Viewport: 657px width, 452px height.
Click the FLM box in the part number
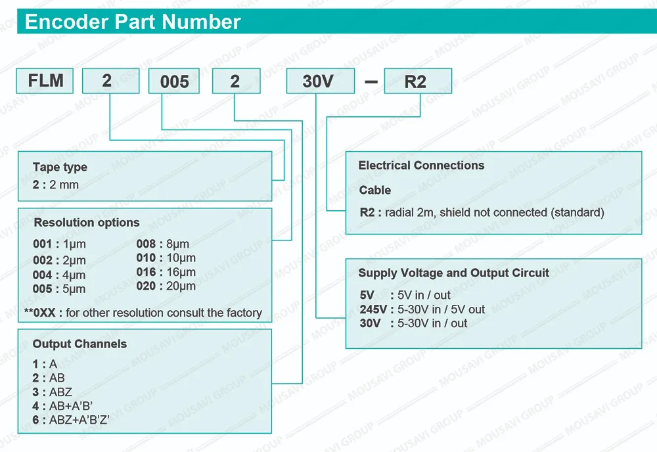pyautogui.click(x=45, y=81)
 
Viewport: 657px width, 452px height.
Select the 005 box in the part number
pyautogui.click(x=174, y=81)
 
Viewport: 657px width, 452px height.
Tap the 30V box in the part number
pyautogui.click(x=320, y=81)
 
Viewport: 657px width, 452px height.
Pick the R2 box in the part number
pyautogui.click(x=418, y=81)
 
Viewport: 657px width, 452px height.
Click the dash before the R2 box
pyautogui.click(x=371, y=81)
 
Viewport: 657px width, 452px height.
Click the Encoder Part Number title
pyautogui.click(x=133, y=22)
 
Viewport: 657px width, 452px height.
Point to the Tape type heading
pyautogui.click(x=60, y=167)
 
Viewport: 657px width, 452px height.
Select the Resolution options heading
pyautogui.click(x=87, y=223)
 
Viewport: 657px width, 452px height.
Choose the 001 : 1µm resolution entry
pyautogui.click(x=59, y=244)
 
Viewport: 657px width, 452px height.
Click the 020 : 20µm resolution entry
pyautogui.click(x=166, y=286)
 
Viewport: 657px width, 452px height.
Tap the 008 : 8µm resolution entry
pyautogui.click(x=162, y=244)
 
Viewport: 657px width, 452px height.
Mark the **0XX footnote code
pyautogui.click(x=40, y=313)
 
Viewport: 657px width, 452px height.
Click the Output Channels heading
pyautogui.click(x=79, y=344)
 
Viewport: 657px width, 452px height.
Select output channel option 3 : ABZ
pyautogui.click(x=53, y=392)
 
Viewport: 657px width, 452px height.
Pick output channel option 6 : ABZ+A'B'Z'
pyautogui.click(x=71, y=420)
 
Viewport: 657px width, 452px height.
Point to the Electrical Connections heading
pyautogui.click(x=421, y=166)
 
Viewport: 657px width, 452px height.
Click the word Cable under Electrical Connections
pyautogui.click(x=375, y=190)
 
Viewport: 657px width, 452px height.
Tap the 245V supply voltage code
pyautogui.click(x=373, y=309)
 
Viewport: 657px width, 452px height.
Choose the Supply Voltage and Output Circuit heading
pyautogui.click(x=453, y=273)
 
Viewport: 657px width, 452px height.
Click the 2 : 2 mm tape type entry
pyautogui.click(x=56, y=185)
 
